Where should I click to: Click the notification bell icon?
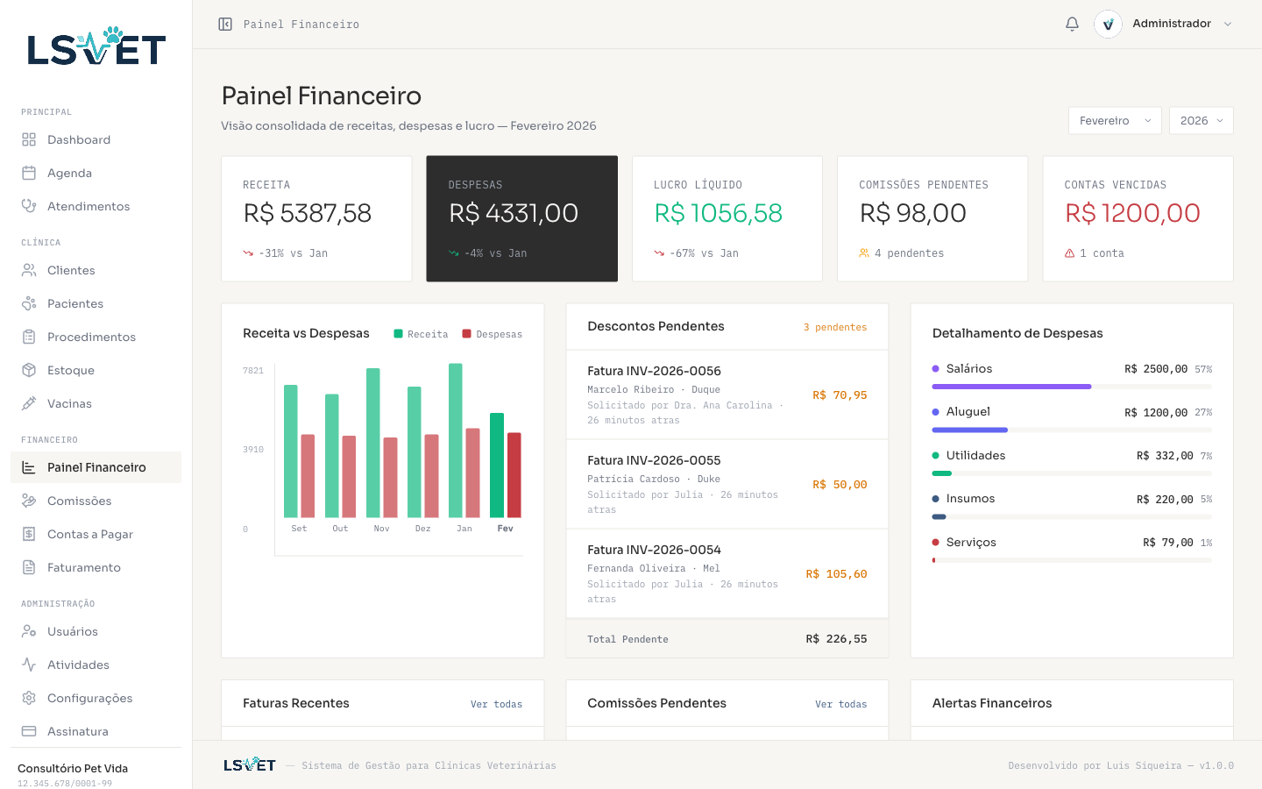[1072, 24]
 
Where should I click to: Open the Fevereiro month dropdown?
[1115, 121]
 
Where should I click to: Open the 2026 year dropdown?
[1201, 121]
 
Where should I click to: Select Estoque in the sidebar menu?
[71, 370]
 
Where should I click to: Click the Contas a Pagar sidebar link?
[89, 534]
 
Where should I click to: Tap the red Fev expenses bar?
[514, 474]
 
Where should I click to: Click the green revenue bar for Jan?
[456, 440]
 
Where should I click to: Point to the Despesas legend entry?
[493, 334]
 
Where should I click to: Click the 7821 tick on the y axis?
[253, 371]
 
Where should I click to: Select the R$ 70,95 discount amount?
[840, 395]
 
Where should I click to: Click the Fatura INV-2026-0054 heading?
[654, 550]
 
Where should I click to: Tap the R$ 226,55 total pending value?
[836, 639]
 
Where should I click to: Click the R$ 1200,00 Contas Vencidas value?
[1132, 213]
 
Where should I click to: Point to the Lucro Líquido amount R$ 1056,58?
[719, 213]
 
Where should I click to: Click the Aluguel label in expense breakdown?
[968, 412]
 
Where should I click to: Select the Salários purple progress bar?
[1011, 387]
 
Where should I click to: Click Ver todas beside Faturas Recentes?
[496, 704]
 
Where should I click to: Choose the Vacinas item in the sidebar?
[69, 403]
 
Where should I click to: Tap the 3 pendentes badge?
[835, 327]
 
